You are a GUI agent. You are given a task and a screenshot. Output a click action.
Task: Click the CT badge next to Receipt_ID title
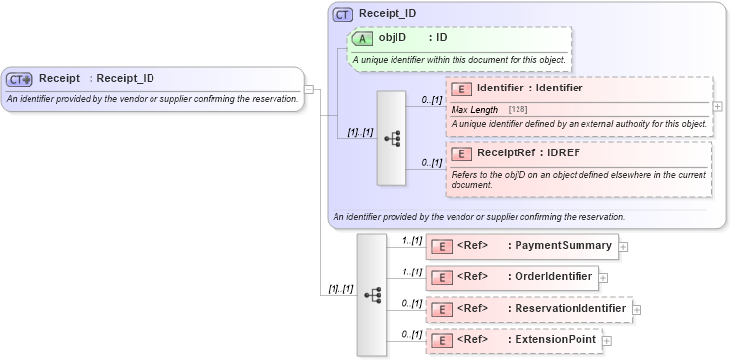pyautogui.click(x=343, y=14)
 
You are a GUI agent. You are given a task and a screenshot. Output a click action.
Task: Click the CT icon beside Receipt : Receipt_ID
pyautogui.click(x=20, y=79)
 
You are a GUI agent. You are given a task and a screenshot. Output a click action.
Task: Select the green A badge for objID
pyautogui.click(x=362, y=38)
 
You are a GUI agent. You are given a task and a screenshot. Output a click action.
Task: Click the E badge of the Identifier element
pyautogui.click(x=460, y=89)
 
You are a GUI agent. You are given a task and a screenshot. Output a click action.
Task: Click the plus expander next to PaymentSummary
pyautogui.click(x=624, y=246)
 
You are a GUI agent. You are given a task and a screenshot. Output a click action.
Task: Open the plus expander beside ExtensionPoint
pyautogui.click(x=607, y=340)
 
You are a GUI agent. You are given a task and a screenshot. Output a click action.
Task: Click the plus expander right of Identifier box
pyautogui.click(x=717, y=106)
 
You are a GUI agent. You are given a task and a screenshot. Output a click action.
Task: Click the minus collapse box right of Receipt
pyautogui.click(x=309, y=90)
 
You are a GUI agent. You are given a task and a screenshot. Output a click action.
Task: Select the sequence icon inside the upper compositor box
pyautogui.click(x=392, y=138)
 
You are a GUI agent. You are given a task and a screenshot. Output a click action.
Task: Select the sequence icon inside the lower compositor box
pyautogui.click(x=372, y=293)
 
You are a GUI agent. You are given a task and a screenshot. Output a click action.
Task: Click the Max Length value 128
pyautogui.click(x=517, y=110)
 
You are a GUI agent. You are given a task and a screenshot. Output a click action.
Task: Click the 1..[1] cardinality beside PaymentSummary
pyautogui.click(x=411, y=240)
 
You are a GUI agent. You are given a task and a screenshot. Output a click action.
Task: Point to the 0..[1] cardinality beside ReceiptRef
pyautogui.click(x=431, y=162)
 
